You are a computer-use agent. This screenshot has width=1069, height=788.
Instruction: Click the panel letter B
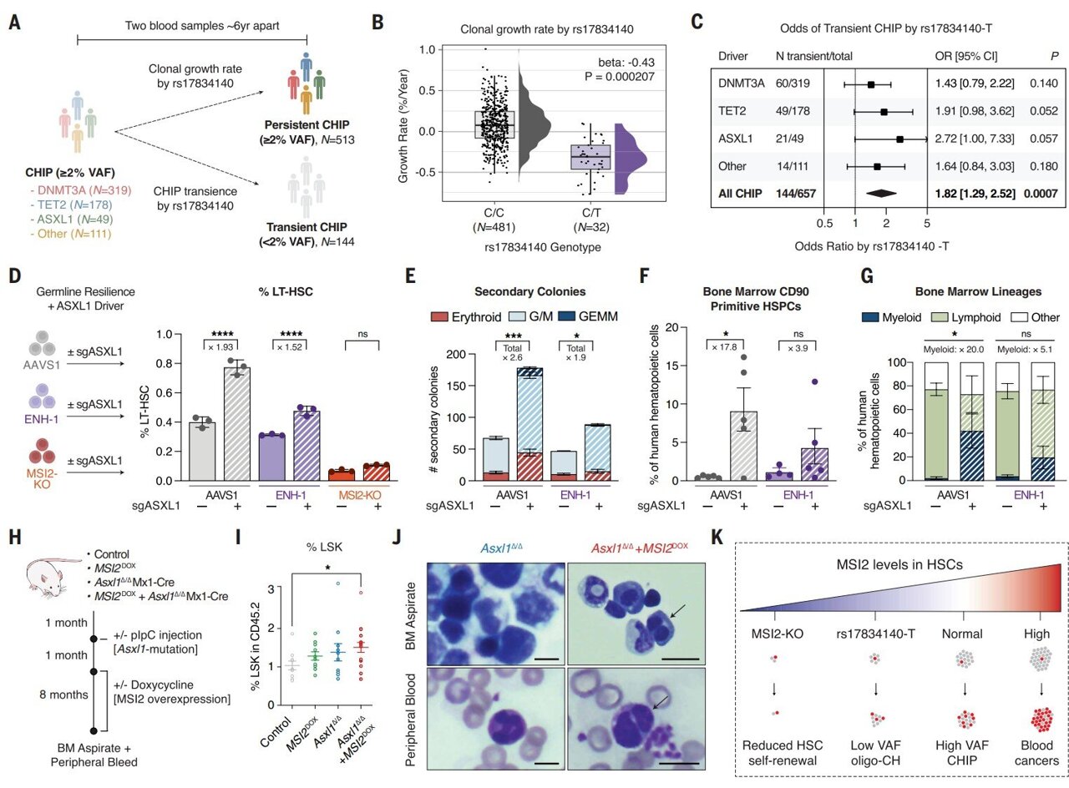tap(378, 22)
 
